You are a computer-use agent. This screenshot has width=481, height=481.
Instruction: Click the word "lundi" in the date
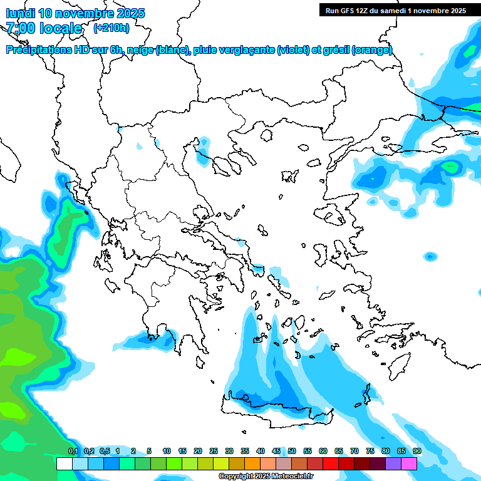20,13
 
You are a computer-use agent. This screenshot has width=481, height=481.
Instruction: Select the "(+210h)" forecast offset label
111,28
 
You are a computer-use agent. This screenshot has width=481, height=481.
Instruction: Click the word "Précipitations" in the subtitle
39,50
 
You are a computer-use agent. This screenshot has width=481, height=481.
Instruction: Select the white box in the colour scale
64,463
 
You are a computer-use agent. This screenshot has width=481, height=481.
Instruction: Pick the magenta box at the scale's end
409,463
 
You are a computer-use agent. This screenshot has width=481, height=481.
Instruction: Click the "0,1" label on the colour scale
73,451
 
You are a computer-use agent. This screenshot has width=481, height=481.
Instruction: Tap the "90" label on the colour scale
417,451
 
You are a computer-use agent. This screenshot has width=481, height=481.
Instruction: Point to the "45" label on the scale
276,451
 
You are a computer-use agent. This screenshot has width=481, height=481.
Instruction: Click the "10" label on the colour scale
167,451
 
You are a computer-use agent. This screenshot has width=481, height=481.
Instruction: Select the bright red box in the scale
330,463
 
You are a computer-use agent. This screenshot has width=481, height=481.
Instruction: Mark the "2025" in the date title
130,13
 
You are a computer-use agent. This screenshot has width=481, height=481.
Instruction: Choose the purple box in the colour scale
393,463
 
